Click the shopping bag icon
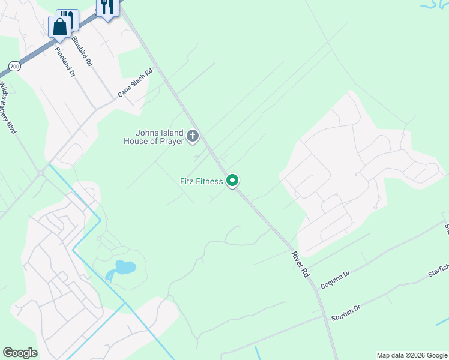pyautogui.click(x=59, y=27)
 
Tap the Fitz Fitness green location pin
pyautogui.click(x=232, y=180)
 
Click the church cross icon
pyautogui.click(x=193, y=137)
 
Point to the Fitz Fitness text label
pyautogui.click(x=201, y=181)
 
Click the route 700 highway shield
pyautogui.click(x=14, y=66)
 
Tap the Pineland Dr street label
pyautogui.click(x=65, y=62)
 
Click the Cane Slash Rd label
pyautogui.click(x=135, y=83)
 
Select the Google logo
pyautogui.click(x=20, y=353)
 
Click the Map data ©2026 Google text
pyautogui.click(x=412, y=355)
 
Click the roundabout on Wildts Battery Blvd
pyautogui.click(x=40, y=174)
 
